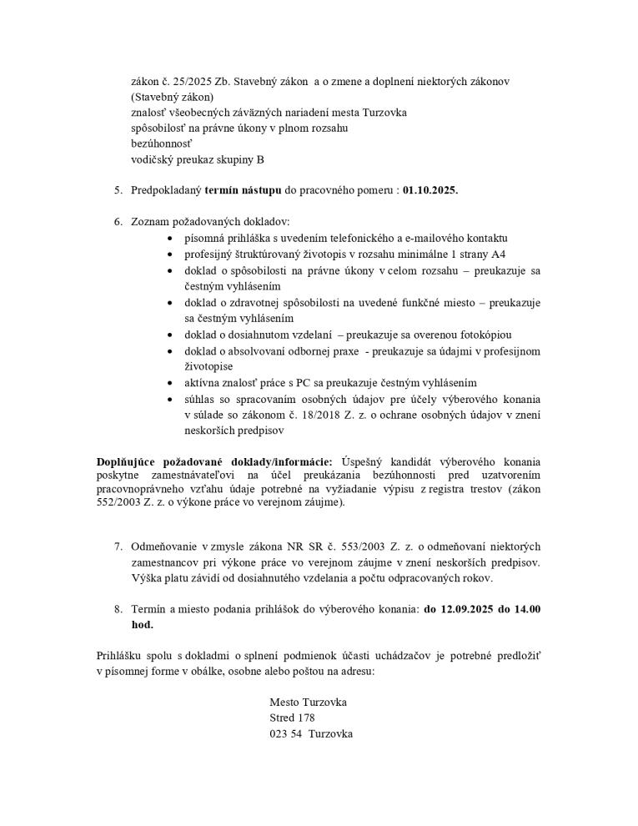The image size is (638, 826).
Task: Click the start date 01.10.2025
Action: coord(430,190)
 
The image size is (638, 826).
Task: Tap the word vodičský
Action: coord(153,159)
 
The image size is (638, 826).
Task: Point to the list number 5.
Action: coord(118,190)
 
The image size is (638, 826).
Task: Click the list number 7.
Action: coord(118,546)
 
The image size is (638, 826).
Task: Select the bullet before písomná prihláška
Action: coord(171,239)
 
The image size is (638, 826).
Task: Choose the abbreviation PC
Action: coord(300,382)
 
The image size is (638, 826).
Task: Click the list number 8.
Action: coord(118,610)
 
